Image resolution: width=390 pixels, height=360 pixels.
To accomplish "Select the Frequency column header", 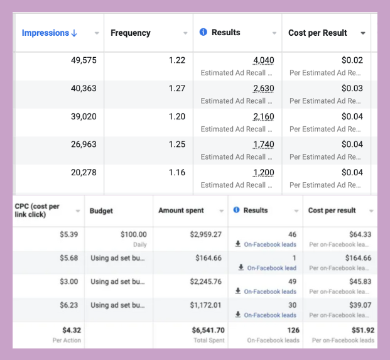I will pos(131,33).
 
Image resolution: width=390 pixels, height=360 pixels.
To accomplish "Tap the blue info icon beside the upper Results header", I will pos(203,32).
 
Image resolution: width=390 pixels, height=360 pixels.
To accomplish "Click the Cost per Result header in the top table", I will pos(318,33).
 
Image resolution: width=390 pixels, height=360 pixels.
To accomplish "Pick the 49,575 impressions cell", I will pos(84,60).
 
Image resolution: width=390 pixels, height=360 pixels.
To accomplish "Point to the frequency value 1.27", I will pos(177,89).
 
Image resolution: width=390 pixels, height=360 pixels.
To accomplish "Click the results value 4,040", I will pos(263,60).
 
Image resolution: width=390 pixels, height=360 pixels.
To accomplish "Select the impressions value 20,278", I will pos(84,172).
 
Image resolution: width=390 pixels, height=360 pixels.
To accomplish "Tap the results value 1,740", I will pos(263,145).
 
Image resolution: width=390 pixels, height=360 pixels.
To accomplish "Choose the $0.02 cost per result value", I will pos(352,60).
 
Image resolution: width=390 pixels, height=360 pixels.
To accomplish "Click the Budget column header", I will pos(102,210).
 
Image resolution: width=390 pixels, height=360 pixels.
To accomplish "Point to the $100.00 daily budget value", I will pos(133,234).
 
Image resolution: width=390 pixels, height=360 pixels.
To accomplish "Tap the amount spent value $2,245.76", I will pos(204,281).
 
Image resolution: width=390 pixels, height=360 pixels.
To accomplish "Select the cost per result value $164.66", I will pos(358,258).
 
